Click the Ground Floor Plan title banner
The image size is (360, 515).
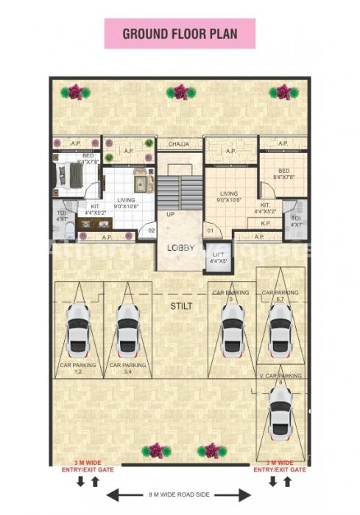[x=180, y=34]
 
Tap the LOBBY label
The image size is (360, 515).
[x=180, y=248]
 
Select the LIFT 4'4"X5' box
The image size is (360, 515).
[x=219, y=257]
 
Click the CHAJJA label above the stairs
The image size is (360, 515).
[x=180, y=144]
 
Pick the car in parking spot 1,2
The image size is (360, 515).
[x=78, y=327]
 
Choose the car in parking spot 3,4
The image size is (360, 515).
[x=127, y=327]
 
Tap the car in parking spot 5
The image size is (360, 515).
[x=233, y=327]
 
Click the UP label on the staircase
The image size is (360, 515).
[x=170, y=214]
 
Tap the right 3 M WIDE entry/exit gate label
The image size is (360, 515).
[x=280, y=466]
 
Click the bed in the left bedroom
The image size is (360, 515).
[x=75, y=177]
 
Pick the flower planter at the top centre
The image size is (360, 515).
[x=180, y=92]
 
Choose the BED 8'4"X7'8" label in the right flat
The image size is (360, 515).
[x=283, y=174]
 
